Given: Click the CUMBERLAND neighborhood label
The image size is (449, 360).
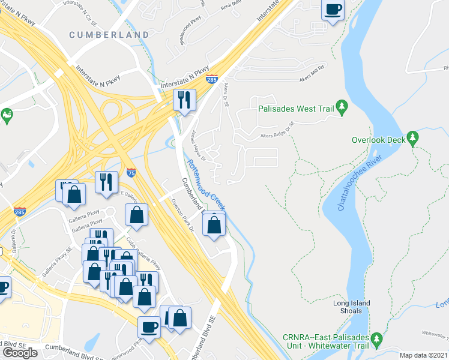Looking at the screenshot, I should [109, 35].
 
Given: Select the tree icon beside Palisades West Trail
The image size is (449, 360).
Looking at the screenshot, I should [342, 107].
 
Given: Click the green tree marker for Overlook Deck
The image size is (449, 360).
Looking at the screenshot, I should [412, 139].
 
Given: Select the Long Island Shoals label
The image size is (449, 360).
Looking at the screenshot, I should [352, 307].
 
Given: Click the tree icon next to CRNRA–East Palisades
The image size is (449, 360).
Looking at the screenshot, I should [376, 340].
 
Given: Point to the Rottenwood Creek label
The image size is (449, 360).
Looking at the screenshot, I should [204, 184].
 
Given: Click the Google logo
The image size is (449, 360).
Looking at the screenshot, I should [20, 352].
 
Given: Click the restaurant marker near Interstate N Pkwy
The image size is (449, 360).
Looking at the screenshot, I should [184, 100].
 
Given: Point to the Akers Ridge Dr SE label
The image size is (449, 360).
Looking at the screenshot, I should [278, 130].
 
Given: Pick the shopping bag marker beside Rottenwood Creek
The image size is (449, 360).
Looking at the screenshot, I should [214, 225].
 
